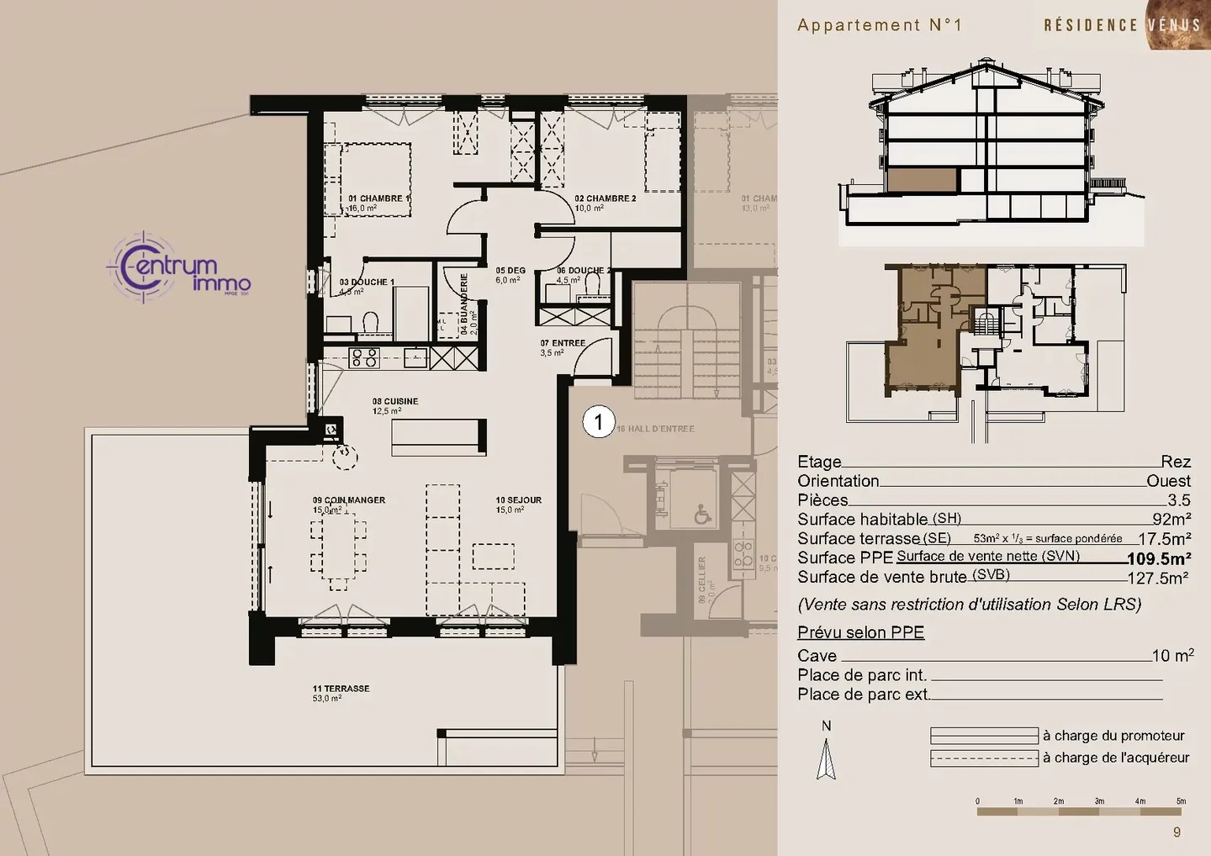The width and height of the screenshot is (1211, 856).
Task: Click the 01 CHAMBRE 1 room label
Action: [x=379, y=199]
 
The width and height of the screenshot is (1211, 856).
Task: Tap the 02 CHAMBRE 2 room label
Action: [x=605, y=199]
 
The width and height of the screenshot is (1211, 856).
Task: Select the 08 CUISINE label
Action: [x=395, y=402]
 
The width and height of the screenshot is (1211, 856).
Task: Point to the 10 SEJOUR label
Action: [x=518, y=500]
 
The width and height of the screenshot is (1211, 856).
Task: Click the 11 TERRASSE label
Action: [x=341, y=689]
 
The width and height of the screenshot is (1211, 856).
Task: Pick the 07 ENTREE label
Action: [x=563, y=343]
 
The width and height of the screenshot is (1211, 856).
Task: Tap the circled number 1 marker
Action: [x=599, y=421]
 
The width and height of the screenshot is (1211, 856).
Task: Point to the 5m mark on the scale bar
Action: [x=1181, y=801]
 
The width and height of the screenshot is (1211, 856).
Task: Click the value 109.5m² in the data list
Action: [x=1158, y=558]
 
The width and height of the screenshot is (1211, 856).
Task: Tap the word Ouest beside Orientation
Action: [x=1168, y=481]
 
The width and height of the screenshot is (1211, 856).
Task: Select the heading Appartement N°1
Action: [x=879, y=25]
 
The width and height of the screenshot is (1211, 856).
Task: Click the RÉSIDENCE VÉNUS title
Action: [x=1121, y=25]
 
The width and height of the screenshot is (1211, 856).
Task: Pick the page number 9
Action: [x=1177, y=832]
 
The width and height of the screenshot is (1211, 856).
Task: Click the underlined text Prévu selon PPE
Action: [x=860, y=632]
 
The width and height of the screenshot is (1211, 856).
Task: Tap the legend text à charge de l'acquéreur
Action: [x=1116, y=758]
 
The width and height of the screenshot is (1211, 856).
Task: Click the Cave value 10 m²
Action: [x=1172, y=656]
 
